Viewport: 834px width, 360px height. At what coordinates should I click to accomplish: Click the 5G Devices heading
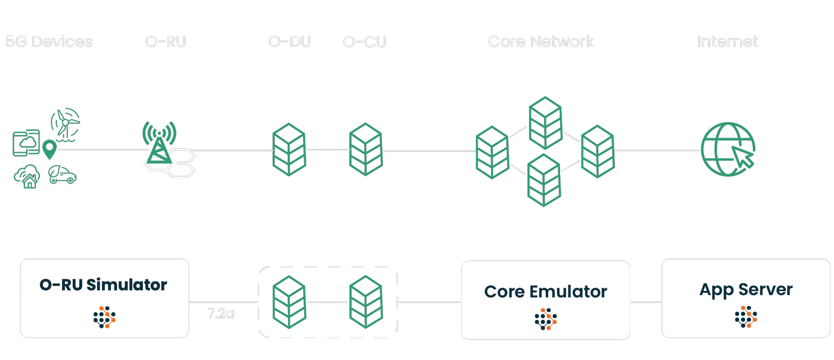[49, 42]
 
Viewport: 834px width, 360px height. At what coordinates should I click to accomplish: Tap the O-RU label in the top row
[165, 42]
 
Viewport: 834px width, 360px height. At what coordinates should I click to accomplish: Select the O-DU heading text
[289, 42]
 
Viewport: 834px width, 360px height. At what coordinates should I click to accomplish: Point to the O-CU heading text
[364, 42]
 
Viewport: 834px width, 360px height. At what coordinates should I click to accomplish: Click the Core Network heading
[541, 42]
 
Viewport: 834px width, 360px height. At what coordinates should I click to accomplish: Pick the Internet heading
[727, 42]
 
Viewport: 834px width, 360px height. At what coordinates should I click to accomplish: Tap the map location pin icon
[49, 149]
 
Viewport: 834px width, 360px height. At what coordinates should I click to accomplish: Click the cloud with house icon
[27, 176]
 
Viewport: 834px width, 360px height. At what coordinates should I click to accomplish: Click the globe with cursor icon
[728, 149]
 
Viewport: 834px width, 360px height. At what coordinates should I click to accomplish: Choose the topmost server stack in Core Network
[546, 122]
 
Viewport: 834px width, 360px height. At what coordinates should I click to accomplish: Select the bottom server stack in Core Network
[544, 180]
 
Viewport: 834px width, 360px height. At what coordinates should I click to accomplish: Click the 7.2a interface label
[221, 314]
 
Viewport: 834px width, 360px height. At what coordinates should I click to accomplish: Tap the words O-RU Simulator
[103, 285]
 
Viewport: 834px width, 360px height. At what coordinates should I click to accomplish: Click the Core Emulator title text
[546, 292]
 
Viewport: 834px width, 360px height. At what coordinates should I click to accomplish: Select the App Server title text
[746, 290]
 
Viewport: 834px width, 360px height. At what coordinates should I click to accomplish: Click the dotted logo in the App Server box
[746, 317]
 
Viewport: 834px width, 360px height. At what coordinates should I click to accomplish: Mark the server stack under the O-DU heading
[289, 149]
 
